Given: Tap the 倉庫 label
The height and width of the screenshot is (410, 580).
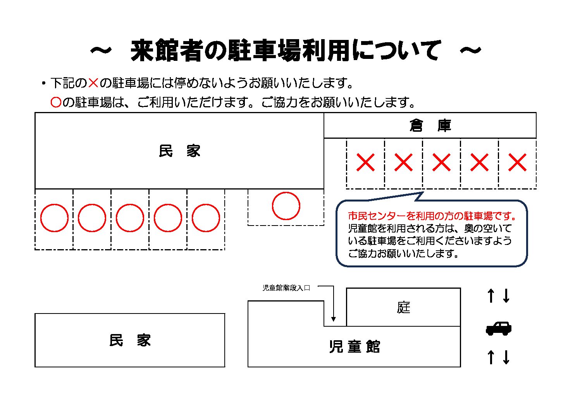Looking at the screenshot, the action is coord(430,126).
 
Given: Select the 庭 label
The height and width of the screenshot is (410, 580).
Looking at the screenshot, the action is coord(403,308).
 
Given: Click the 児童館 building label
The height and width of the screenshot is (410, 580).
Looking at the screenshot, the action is coord(355,346).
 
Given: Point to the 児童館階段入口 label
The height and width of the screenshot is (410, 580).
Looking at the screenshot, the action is coord(286,288).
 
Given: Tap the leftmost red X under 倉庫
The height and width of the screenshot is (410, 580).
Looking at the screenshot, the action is coord(365,162).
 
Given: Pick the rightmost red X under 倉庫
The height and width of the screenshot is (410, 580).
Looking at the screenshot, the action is coord(517,162).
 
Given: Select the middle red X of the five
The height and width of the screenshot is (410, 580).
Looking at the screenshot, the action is coord(441,162).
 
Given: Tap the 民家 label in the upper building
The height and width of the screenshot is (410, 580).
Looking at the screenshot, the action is coord(179,151).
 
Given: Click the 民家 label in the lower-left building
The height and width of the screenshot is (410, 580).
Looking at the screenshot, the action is coord(130,340).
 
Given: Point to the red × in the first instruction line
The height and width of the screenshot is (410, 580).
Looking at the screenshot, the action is coord(93,83).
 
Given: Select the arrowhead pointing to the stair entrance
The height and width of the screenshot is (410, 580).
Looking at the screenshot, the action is coord(334,319).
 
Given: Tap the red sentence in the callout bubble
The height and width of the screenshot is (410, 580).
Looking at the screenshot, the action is coord(432,216).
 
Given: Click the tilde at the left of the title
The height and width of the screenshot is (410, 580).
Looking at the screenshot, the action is coord(101,50).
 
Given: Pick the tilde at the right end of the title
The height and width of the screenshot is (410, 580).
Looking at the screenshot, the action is coord(470,50).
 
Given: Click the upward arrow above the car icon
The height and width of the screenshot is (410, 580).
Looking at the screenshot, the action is coord(491,296).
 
